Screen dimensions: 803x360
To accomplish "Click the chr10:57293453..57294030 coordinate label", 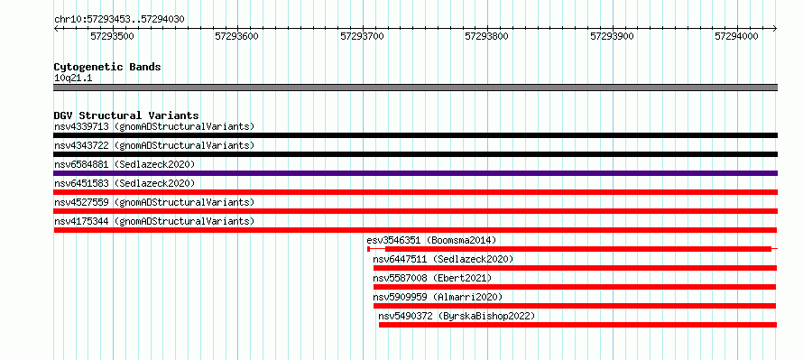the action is (119, 19).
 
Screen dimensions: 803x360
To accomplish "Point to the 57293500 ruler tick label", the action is (112, 36).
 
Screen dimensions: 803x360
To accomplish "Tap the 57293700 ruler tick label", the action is (362, 36).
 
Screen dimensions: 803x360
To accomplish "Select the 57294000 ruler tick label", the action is (736, 36).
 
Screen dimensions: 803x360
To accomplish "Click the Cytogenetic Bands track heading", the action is (107, 67).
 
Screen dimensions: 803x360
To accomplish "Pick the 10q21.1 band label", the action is (73, 78).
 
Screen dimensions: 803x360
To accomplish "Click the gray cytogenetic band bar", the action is (415, 88).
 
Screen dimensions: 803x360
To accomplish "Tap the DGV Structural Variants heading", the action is (126, 115).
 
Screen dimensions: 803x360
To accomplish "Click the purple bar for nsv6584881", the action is (415, 173).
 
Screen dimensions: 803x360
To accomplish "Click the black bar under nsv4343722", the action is (415, 154).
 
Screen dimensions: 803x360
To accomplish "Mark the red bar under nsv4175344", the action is (415, 230).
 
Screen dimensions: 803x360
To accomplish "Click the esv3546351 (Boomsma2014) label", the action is (431, 240).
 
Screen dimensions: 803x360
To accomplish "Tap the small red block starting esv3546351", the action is (369, 249).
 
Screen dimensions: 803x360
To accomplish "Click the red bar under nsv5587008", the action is (575, 287).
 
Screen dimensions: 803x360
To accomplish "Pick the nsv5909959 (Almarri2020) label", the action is (438, 297).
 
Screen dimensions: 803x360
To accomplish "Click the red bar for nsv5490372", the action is (577, 325).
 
